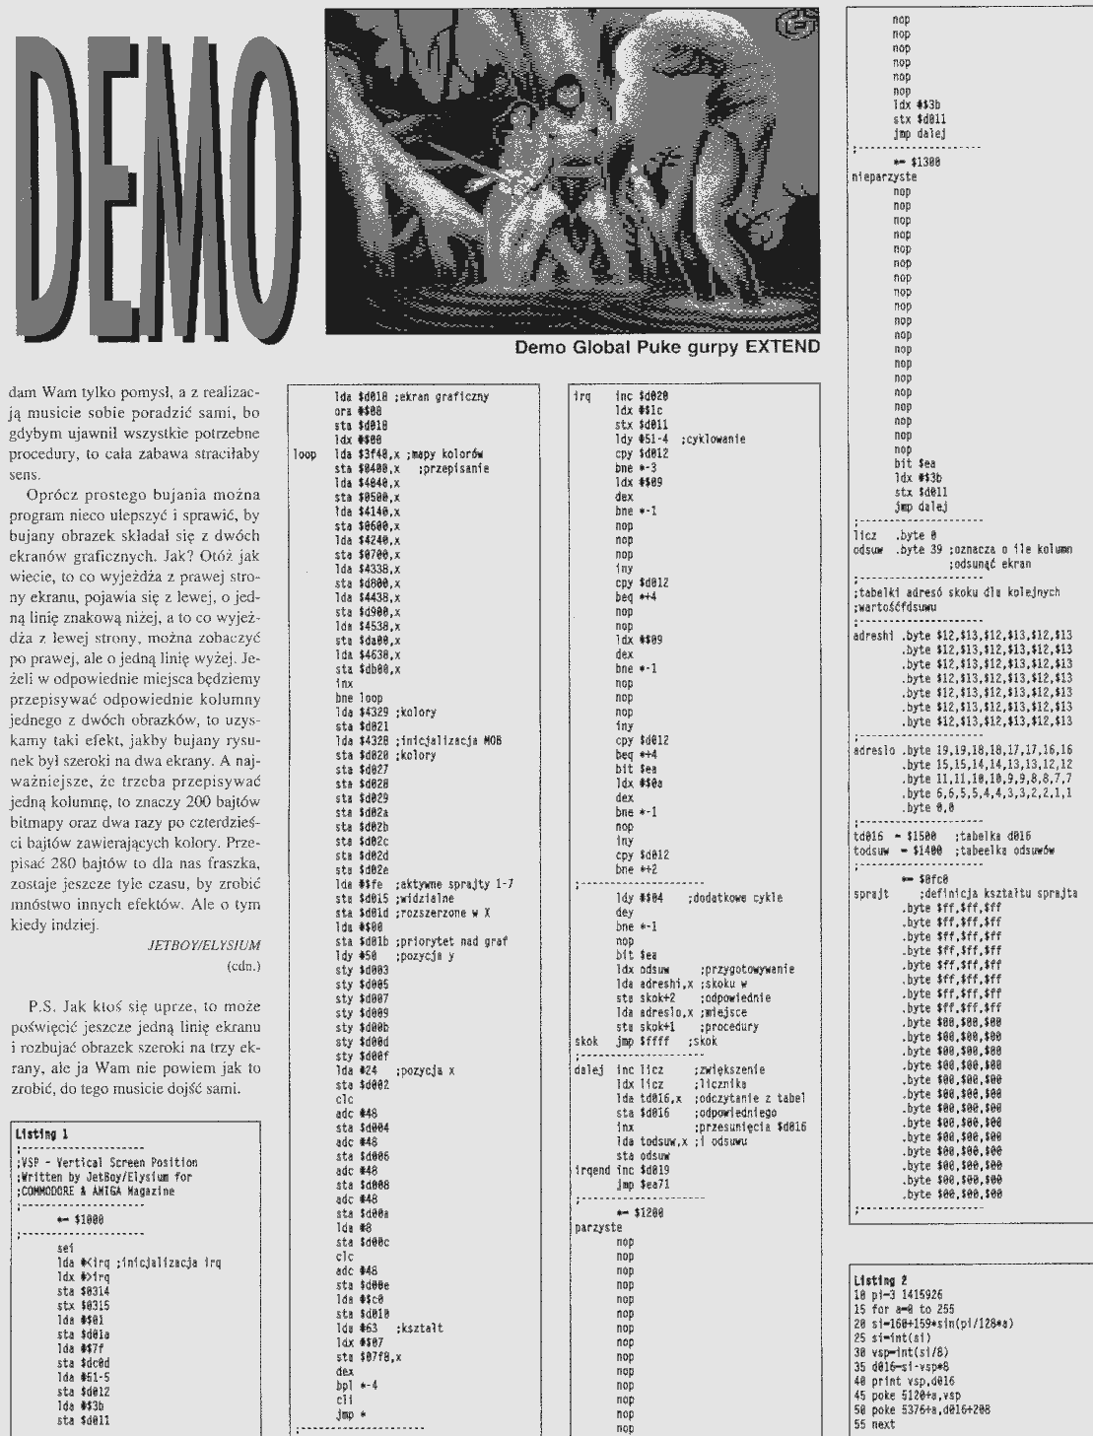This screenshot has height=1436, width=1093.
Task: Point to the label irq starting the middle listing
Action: [x=581, y=395]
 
